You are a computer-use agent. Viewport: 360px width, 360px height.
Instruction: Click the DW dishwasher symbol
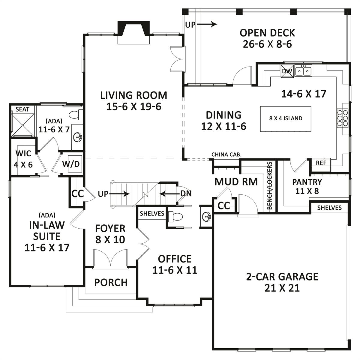287,71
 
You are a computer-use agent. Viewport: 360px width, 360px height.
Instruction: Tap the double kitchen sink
304,70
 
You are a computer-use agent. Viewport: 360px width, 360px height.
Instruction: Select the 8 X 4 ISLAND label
286,118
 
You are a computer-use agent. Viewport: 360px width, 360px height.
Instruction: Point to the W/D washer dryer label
71,164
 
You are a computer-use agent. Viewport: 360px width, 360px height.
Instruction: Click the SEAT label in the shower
22,109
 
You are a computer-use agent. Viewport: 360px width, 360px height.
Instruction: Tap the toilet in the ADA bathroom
76,114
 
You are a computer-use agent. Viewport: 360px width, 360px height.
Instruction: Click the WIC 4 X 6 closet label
23,159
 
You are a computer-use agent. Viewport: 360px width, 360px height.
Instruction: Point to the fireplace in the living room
133,32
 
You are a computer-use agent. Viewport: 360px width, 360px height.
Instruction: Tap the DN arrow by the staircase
169,194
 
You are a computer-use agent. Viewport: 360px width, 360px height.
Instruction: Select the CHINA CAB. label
226,154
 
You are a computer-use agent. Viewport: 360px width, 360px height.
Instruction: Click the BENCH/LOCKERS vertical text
269,185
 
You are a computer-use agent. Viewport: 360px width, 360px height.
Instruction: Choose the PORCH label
111,282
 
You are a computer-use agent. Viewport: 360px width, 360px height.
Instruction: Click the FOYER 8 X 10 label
110,234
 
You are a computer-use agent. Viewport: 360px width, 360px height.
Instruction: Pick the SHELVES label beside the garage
329,208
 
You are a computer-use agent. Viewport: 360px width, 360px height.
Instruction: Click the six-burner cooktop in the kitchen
343,118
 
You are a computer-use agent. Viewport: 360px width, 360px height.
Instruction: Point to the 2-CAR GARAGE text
282,277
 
